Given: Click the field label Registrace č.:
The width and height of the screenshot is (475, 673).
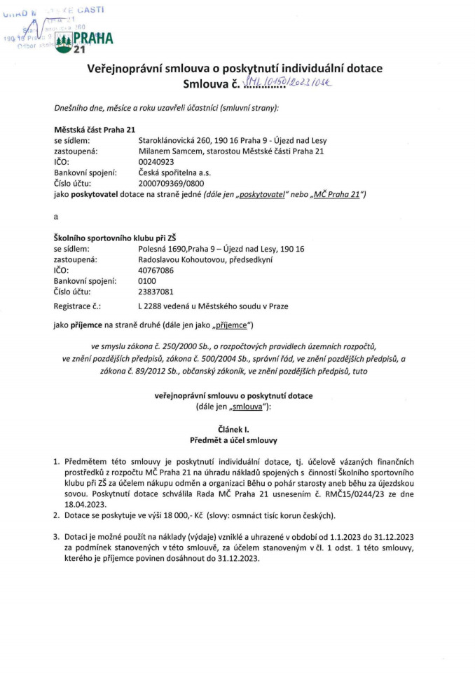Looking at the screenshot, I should [x=77, y=306].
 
